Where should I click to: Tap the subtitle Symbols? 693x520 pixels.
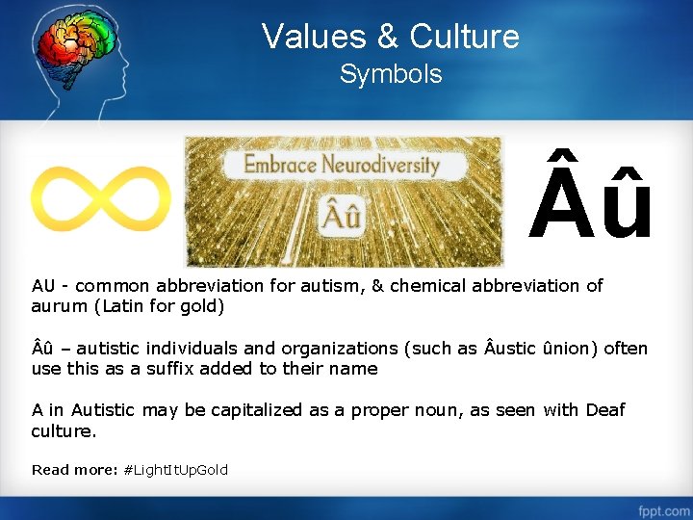pyautogui.click(x=391, y=74)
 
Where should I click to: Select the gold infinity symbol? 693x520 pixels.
pyautogui.click(x=100, y=200)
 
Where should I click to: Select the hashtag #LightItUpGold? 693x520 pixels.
pyautogui.click(x=176, y=470)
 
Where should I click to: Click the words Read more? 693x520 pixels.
pyautogui.click(x=75, y=470)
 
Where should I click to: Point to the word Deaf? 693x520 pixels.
pyautogui.click(x=603, y=410)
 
